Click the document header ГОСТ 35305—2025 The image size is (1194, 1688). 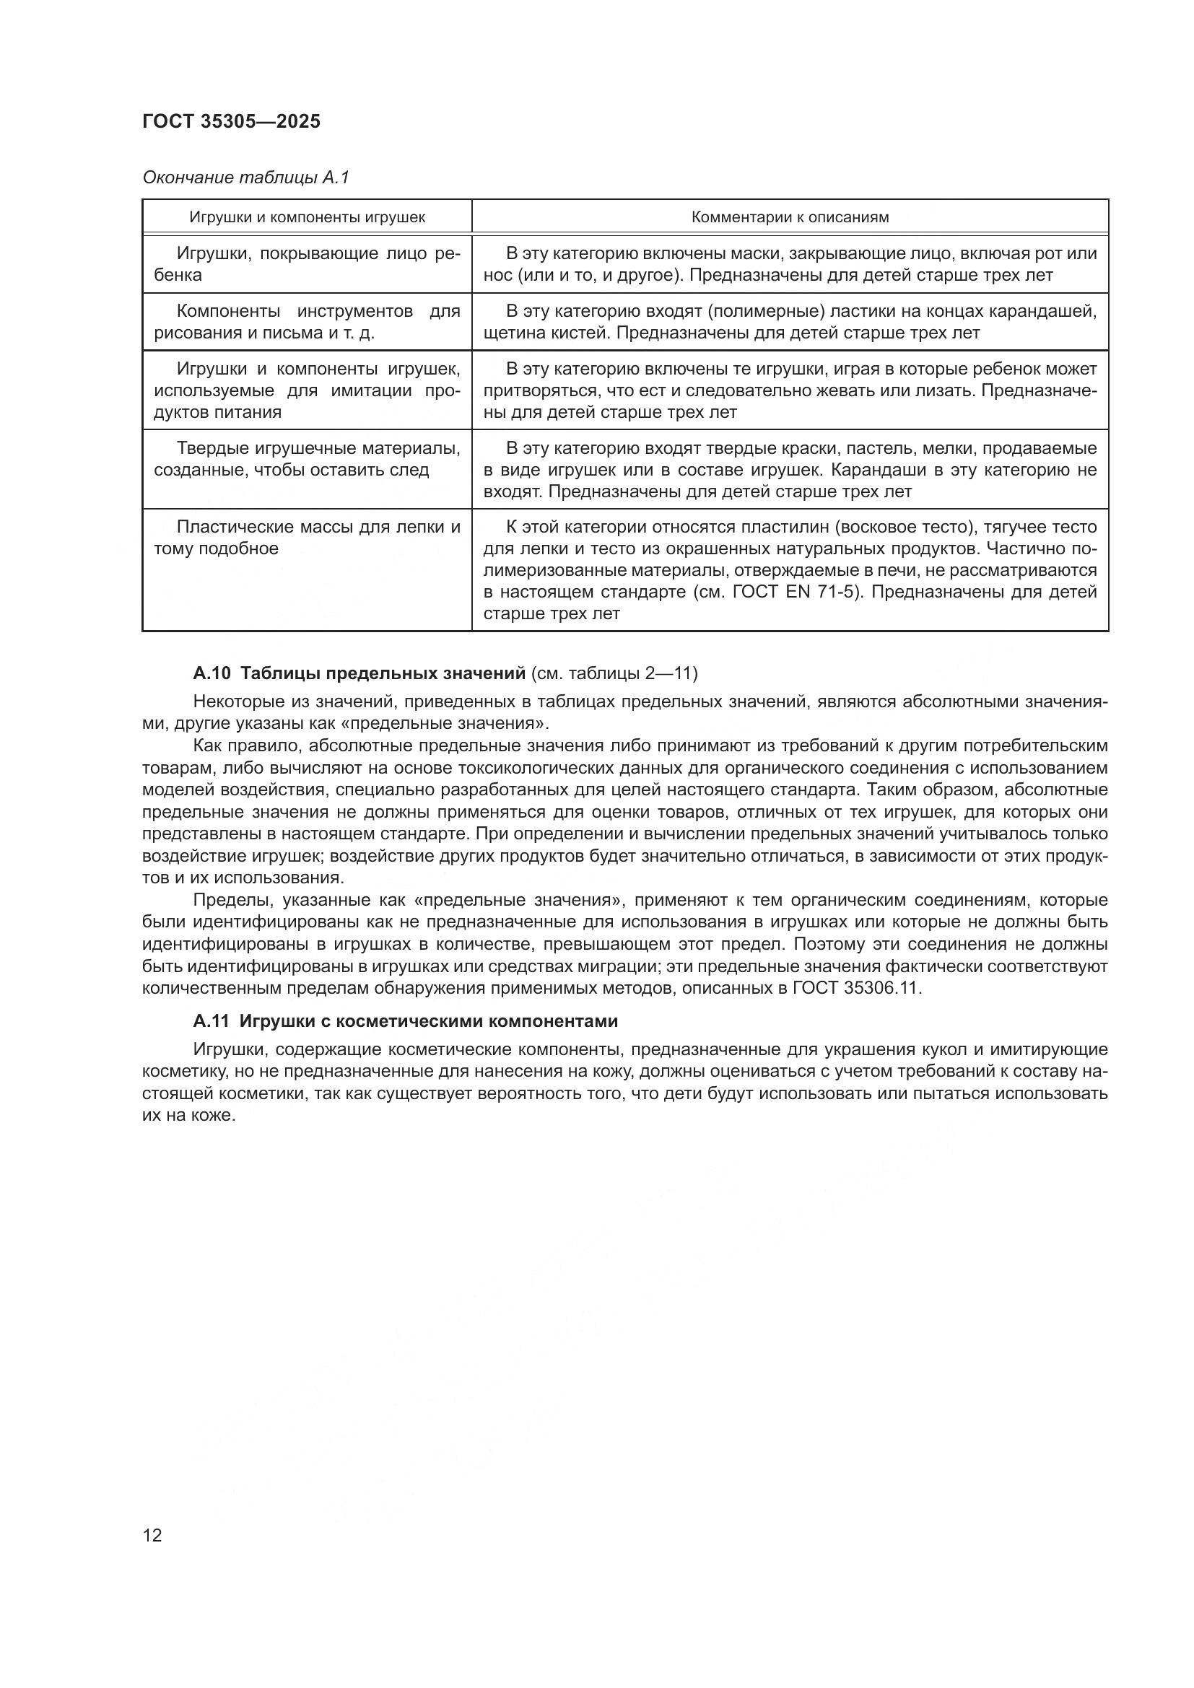232,121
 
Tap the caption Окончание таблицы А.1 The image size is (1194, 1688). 245,178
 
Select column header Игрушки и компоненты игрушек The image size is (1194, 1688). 307,217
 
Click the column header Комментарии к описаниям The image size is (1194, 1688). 790,217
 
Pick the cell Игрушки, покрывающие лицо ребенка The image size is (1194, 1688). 307,264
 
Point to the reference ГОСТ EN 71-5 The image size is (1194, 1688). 795,592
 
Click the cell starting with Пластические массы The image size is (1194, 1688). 307,538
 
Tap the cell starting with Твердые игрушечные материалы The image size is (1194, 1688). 307,459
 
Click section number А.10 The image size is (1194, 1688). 212,673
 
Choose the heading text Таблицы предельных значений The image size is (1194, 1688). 383,673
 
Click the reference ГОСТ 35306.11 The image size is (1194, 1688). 857,987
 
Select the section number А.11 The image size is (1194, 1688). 212,1021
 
